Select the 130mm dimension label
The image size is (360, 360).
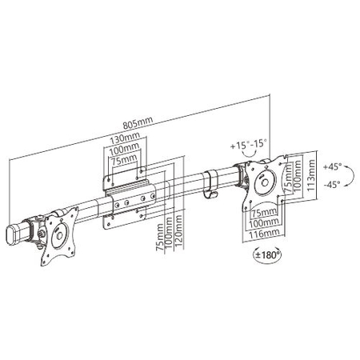coord(122,140)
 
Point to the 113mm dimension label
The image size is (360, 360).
coord(310,169)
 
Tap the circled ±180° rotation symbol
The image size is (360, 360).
coord(263,255)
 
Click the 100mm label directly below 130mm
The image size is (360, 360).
coord(122,150)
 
